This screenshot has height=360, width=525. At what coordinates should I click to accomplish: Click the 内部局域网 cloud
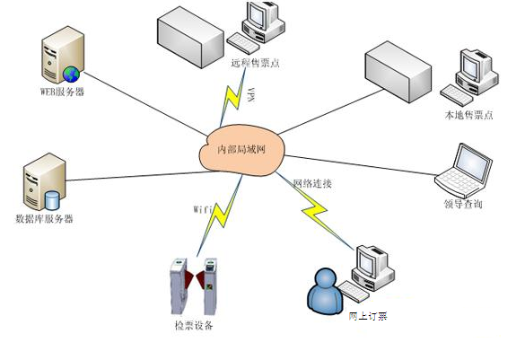click(237, 147)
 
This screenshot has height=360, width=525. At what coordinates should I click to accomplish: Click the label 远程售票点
click(256, 63)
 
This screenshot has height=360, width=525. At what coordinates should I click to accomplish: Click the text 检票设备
click(194, 324)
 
